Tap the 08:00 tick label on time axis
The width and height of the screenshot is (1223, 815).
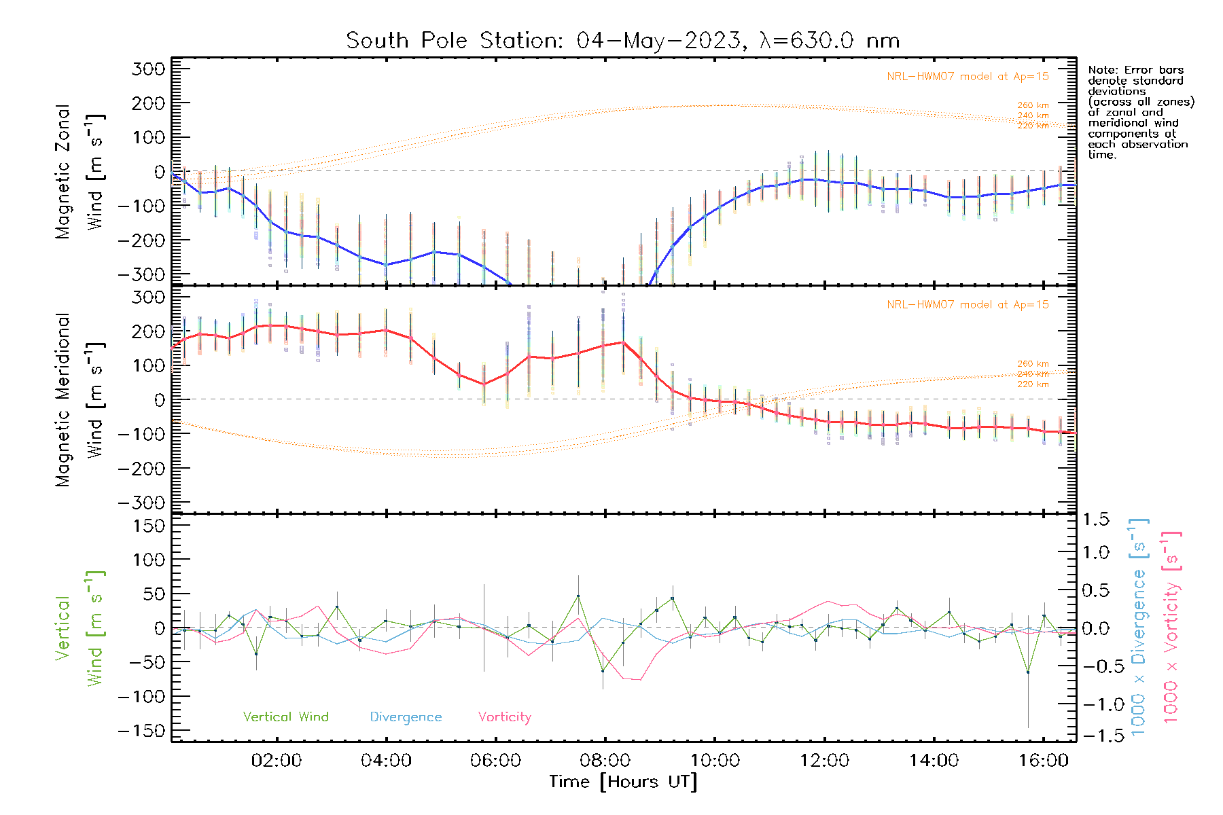click(605, 761)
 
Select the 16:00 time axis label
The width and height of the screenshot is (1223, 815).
click(1044, 761)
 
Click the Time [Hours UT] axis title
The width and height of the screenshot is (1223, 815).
click(623, 782)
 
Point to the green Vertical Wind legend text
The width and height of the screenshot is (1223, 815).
click(285, 717)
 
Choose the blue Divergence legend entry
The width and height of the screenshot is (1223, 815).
click(406, 717)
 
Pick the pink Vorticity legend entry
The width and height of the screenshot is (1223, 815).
click(504, 717)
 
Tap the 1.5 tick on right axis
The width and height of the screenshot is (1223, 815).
click(1096, 520)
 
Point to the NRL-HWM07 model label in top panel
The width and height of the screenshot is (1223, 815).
click(968, 77)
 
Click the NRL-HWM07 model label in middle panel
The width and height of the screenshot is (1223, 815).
click(968, 305)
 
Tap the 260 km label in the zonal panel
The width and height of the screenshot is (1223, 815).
click(1033, 105)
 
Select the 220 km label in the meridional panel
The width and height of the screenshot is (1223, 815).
click(1033, 384)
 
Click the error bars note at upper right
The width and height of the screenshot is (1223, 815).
click(1140, 112)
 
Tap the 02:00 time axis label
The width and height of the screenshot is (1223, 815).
click(276, 761)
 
